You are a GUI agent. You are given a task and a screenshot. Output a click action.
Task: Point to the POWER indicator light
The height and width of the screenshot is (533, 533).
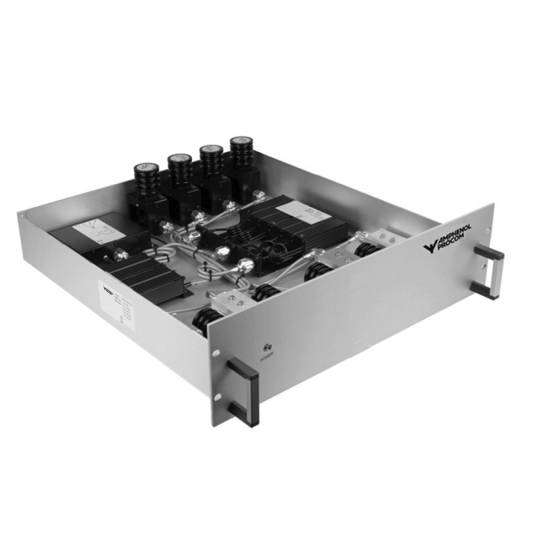[265, 347]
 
